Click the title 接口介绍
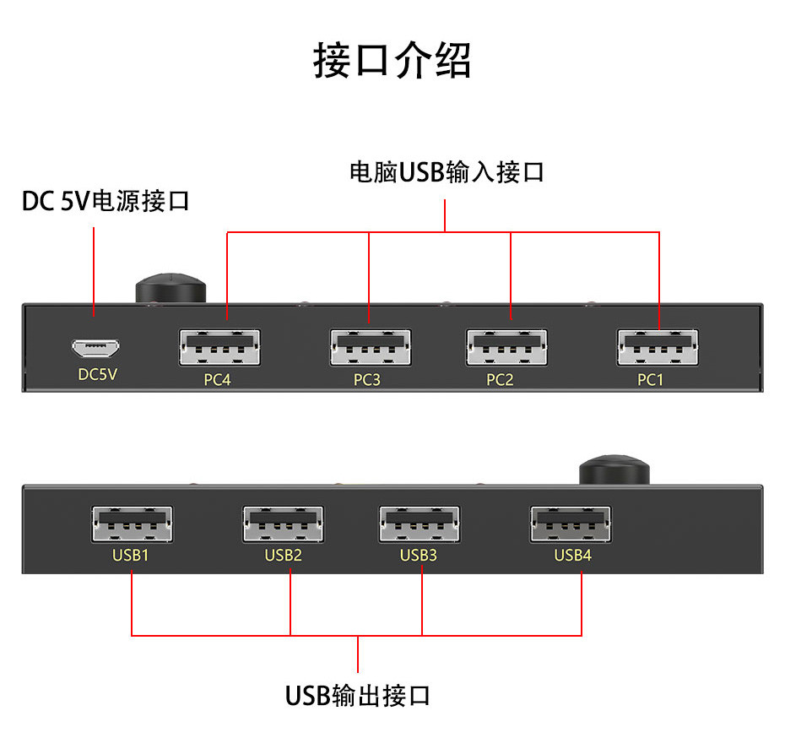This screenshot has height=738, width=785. coord(392,61)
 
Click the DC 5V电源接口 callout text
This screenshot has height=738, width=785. coord(106,203)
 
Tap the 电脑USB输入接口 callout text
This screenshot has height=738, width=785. coord(447,172)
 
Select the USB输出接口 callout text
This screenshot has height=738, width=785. coord(359,696)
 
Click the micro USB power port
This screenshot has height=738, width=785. coord(95,347)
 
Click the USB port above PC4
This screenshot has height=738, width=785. coord(219,347)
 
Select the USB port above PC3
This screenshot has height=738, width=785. coord(370,347)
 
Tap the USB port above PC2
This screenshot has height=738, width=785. coord(506,347)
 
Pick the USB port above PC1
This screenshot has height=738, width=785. coord(658,347)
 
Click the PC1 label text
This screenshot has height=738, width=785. coord(650,380)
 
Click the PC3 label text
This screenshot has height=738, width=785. coord(366,380)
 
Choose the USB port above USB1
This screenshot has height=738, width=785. coord(132,524)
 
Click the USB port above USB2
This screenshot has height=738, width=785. coord(284,524)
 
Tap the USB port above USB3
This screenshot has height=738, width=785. coord(420,524)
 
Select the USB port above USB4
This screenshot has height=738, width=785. coord(571,524)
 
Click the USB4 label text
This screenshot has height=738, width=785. coord(571,555)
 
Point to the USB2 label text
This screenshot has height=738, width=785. coord(283,555)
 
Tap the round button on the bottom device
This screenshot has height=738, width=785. coord(615,469)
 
